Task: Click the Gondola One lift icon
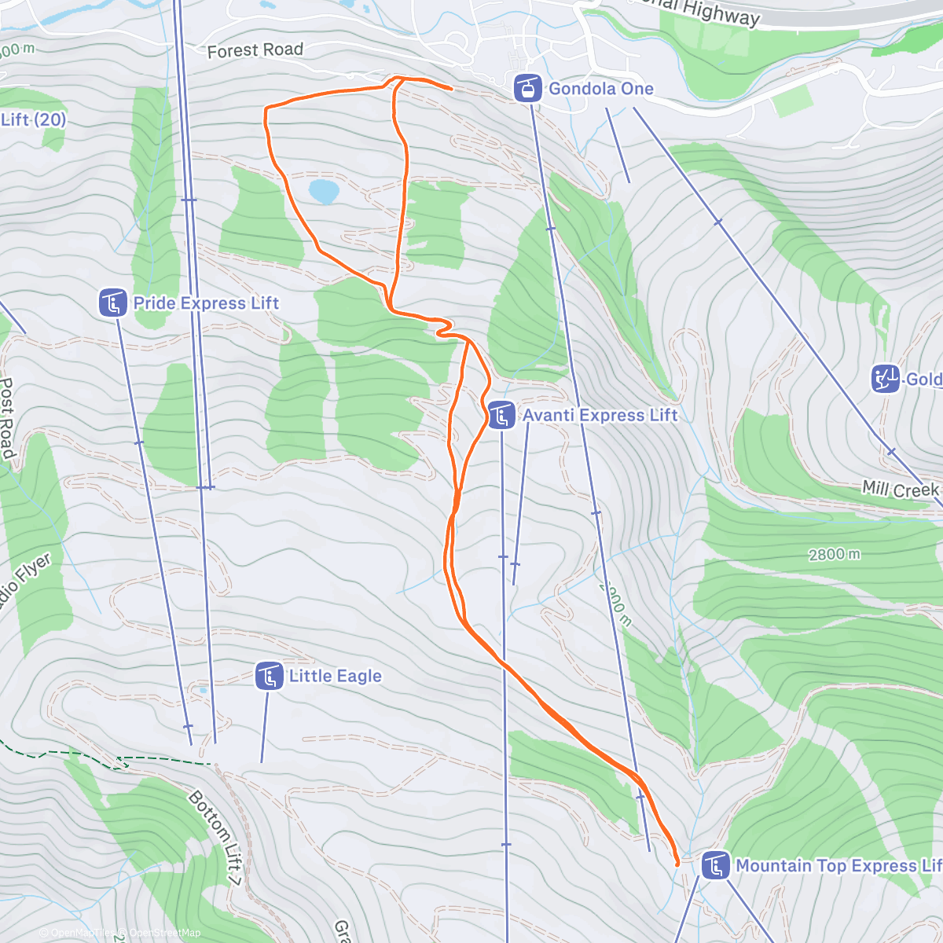coord(527,88)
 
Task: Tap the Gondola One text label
coord(600,88)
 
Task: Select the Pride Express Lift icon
coord(113,303)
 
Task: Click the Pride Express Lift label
coord(206,303)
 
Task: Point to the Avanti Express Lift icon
coord(501,415)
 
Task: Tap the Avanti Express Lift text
coord(600,415)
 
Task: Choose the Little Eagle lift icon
coord(269,676)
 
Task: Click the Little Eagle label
coord(335,676)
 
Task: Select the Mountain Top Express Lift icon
coord(715,865)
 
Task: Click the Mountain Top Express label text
coord(838,865)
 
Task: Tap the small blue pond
coord(324,190)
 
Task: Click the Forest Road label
coord(255,50)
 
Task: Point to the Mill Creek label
coord(901,490)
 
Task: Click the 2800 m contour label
coord(834,555)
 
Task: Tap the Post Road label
coord(7,417)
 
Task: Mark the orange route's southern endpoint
coord(677,864)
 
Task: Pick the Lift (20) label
coord(33,119)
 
